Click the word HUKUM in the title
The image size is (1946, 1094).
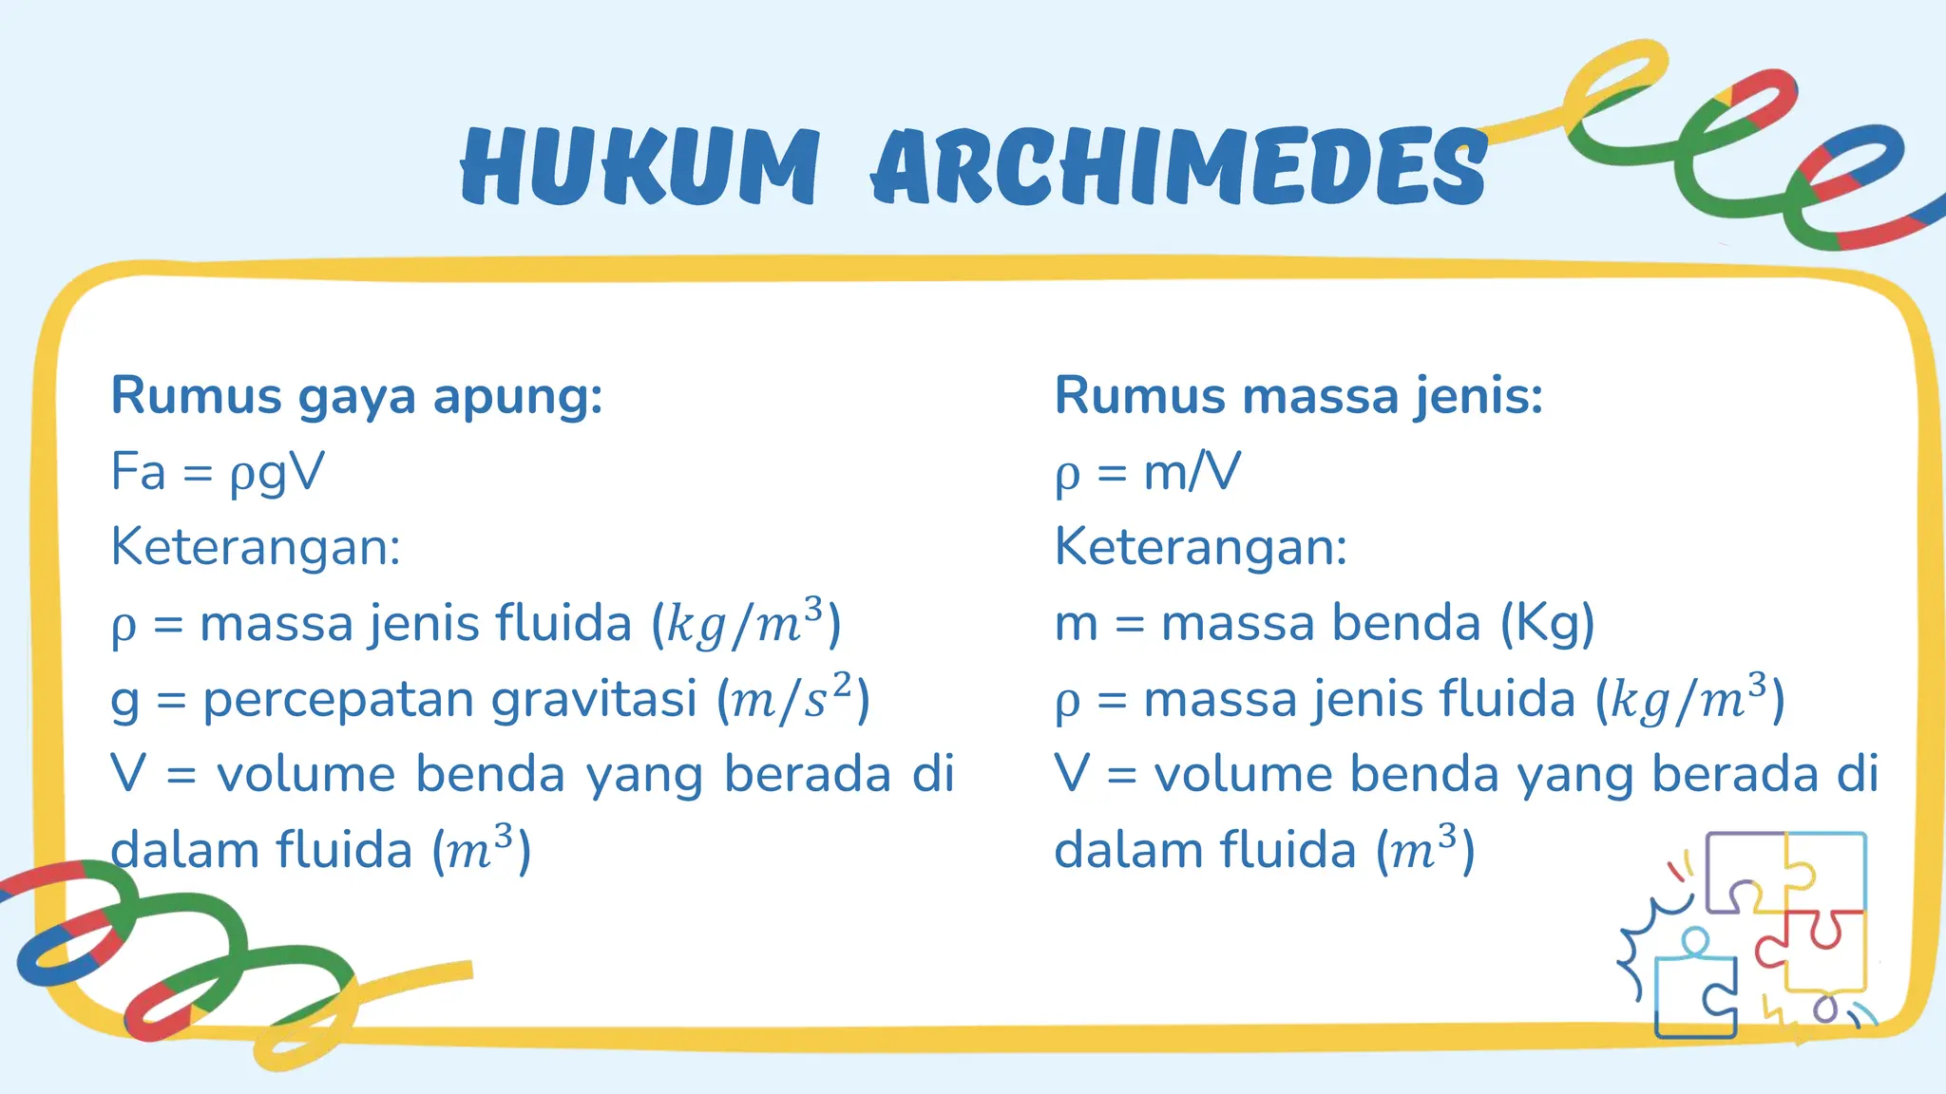click(639, 166)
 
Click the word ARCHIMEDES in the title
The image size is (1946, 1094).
click(1178, 166)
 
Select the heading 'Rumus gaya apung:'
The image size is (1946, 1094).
click(356, 396)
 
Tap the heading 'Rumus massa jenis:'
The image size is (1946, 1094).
click(1298, 396)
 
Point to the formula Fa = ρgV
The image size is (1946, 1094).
click(218, 472)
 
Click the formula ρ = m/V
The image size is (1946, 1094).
click(1147, 472)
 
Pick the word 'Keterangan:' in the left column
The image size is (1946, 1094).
click(256, 548)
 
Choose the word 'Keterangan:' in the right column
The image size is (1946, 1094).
click(1201, 548)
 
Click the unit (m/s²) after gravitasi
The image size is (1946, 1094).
click(793, 699)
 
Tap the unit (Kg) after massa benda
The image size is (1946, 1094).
click(1547, 625)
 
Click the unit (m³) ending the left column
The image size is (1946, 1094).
click(482, 850)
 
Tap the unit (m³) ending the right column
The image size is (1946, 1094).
click(1426, 850)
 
